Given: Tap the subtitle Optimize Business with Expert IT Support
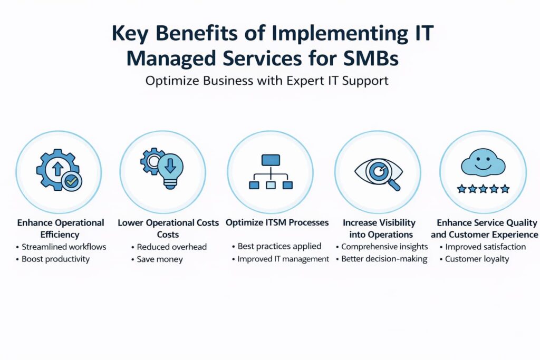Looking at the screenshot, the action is click(x=267, y=81).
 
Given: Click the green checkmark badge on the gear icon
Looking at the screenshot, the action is click(x=72, y=181).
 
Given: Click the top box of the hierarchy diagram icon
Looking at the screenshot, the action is click(x=271, y=160).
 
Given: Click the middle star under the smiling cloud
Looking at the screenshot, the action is click(x=483, y=189).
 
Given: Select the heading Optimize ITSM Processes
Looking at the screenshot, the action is click(x=277, y=222).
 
